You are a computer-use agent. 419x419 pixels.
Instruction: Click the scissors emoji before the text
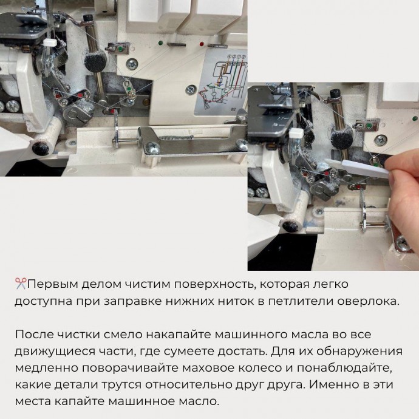(21, 284)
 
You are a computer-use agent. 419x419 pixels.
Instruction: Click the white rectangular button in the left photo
(50, 43)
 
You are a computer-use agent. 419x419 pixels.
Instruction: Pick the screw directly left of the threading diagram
(191, 89)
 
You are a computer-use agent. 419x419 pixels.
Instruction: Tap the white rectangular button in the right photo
(296, 133)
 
